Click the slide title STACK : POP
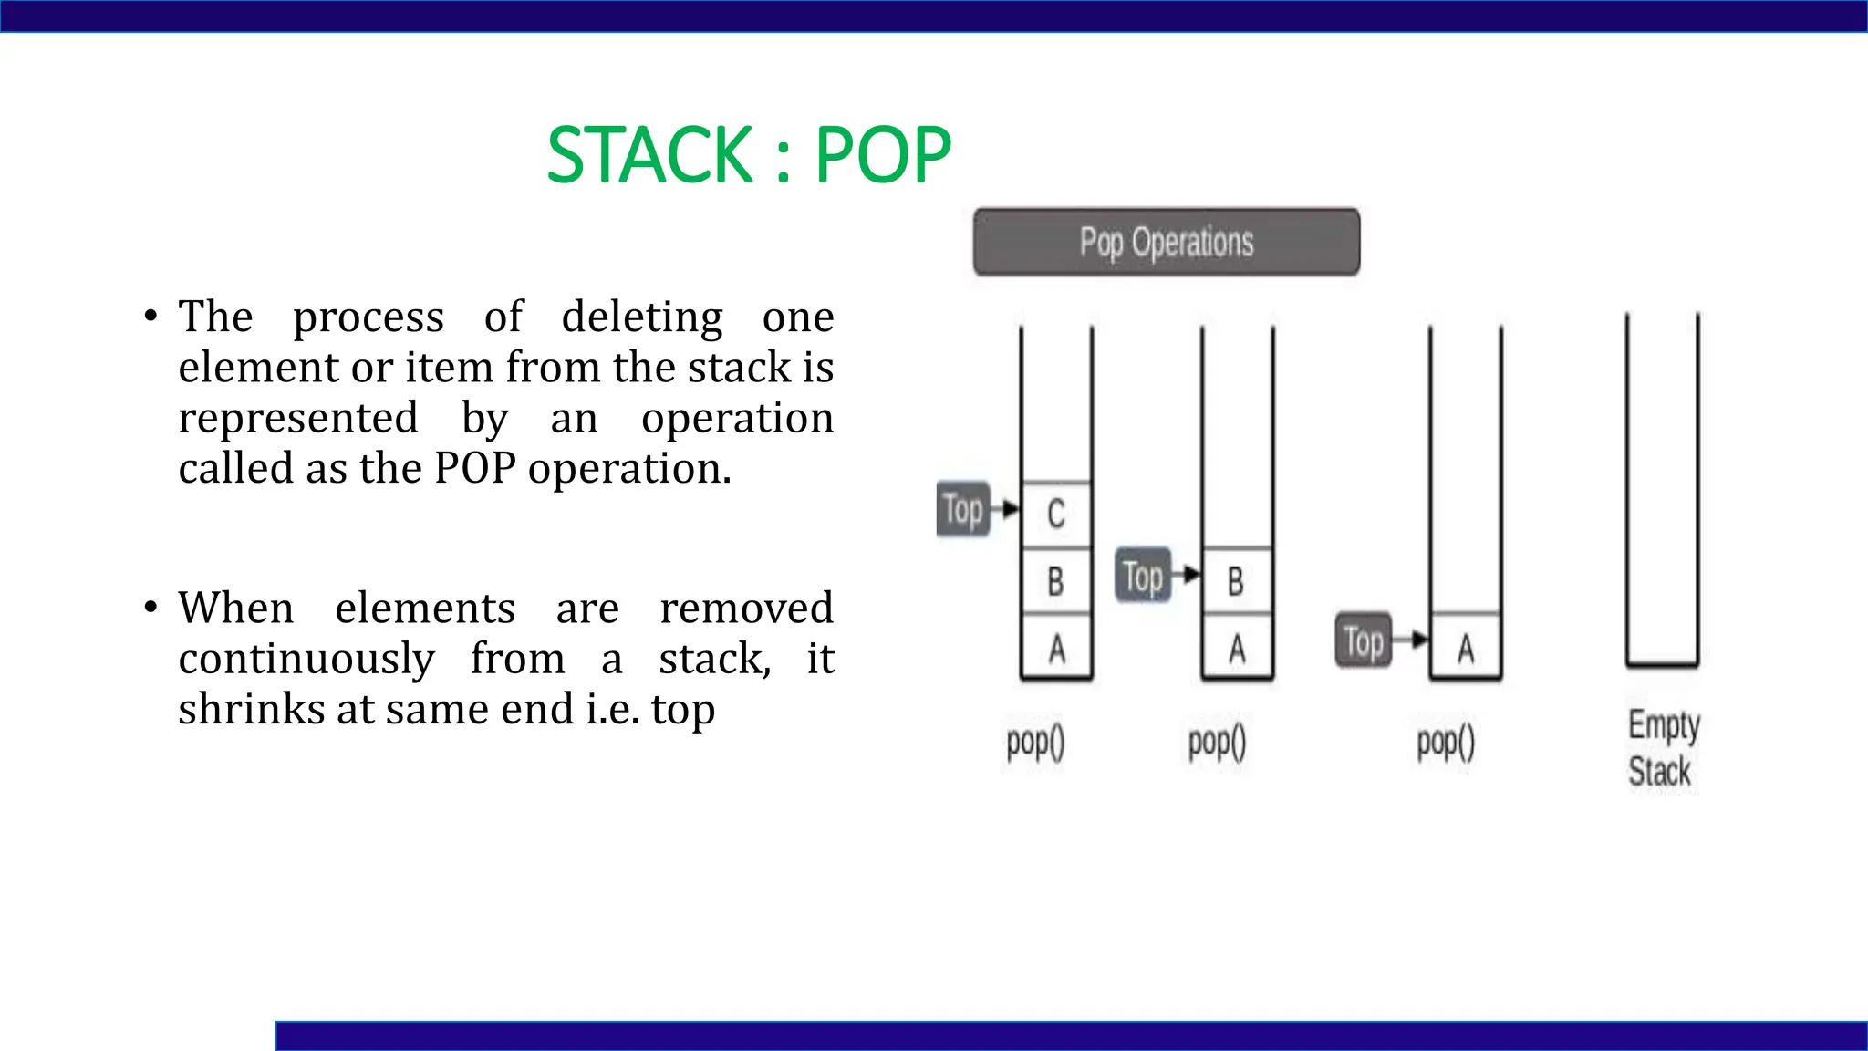748,155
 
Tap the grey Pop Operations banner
1166,242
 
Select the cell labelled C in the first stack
1056,514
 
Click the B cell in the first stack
1056,581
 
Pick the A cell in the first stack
1056,649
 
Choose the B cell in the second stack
1236,581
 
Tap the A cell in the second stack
1236,649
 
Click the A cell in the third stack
1465,649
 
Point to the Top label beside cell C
963,509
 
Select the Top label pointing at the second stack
1143,576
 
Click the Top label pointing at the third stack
1364,640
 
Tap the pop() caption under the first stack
1035,743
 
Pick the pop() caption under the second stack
1217,743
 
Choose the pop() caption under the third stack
1446,743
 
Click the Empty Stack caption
1662,748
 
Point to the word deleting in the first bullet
642,317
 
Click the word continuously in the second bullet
306,659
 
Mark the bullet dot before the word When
150,608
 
